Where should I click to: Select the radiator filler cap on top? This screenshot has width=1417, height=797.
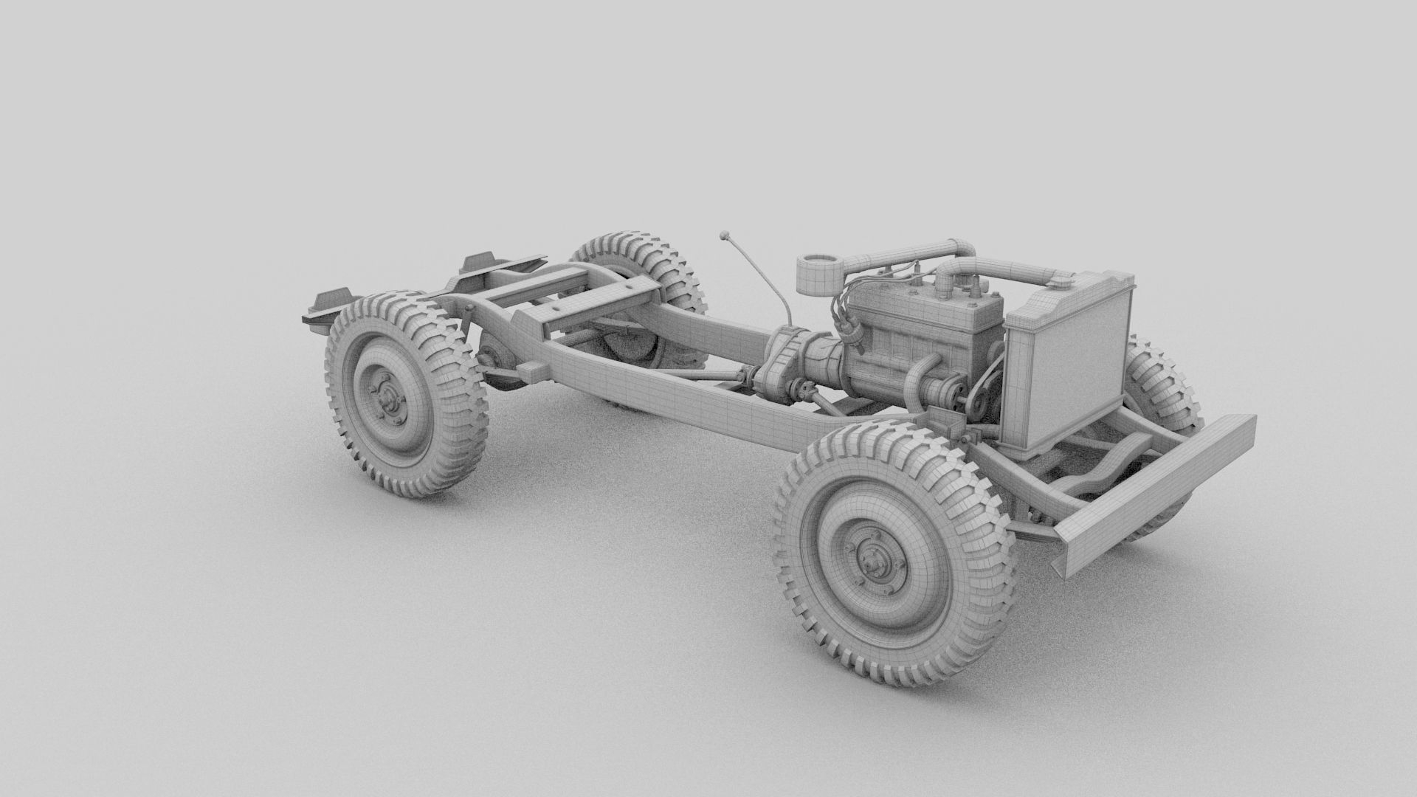click(x=1062, y=279)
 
